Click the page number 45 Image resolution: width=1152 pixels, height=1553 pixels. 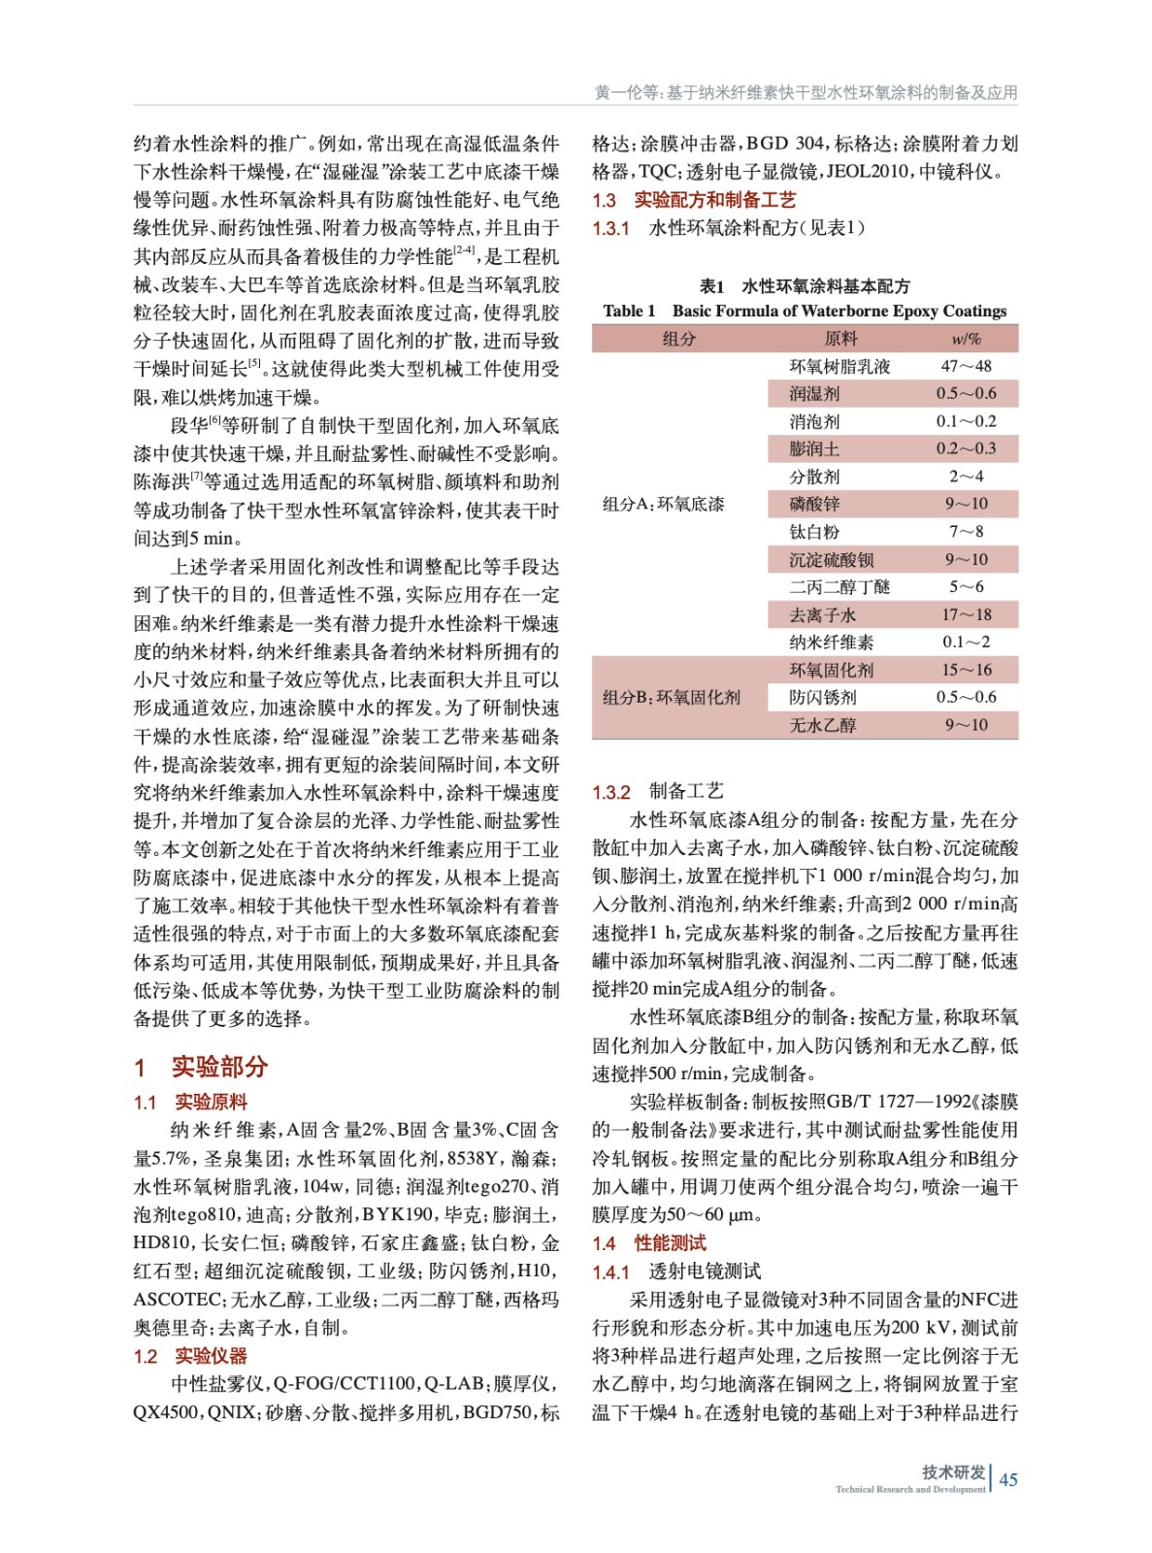click(1008, 1479)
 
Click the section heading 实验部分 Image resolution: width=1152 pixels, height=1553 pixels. click(201, 1067)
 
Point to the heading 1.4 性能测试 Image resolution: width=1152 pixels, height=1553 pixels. click(649, 1243)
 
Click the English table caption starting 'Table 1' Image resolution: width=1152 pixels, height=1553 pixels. click(805, 311)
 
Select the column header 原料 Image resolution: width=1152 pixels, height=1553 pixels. click(840, 339)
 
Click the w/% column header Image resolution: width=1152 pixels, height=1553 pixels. click(966, 339)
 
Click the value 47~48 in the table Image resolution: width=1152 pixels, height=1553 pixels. click(966, 366)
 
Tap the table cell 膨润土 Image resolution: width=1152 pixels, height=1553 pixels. click(814, 448)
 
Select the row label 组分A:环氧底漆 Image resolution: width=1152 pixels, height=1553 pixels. click(663, 504)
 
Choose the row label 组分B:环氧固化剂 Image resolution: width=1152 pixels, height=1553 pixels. click(671, 697)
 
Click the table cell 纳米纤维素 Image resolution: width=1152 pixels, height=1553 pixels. click(831, 642)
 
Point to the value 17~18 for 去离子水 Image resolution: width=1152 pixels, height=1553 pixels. click(966, 614)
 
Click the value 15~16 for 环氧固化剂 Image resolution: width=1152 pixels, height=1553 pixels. click(966, 670)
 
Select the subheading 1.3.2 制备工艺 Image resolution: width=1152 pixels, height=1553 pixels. click(658, 792)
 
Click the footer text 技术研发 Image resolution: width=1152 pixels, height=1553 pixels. click(953, 1471)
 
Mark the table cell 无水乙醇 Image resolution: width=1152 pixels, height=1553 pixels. click(822, 725)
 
